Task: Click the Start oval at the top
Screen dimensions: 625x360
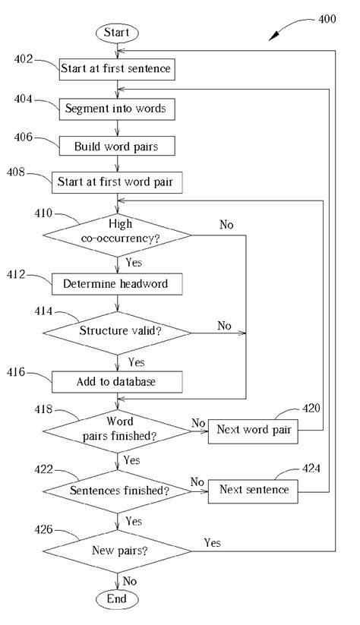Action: pyautogui.click(x=117, y=33)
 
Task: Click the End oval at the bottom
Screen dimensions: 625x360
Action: pyautogui.click(x=117, y=599)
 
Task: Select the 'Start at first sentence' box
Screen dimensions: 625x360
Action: pyautogui.click(x=117, y=70)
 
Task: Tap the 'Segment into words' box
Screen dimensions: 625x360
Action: pyautogui.click(x=117, y=109)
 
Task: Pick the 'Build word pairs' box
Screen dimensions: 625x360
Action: pyautogui.click(x=117, y=146)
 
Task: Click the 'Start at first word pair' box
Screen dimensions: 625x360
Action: pyautogui.click(x=117, y=182)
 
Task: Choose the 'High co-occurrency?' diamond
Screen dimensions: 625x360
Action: pyautogui.click(x=117, y=232)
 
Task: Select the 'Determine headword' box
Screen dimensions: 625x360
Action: pyautogui.click(x=117, y=284)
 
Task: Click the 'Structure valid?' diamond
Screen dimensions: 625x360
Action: pyautogui.click(x=117, y=331)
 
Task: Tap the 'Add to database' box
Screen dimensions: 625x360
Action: pyautogui.click(x=117, y=381)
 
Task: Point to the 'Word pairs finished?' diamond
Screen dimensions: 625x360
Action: pyautogui.click(x=117, y=431)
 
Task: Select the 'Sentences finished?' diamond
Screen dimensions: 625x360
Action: pyautogui.click(x=117, y=491)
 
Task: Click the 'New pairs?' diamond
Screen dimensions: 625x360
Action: pyautogui.click(x=117, y=549)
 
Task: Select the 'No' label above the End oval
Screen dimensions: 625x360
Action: pyautogui.click(x=130, y=580)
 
